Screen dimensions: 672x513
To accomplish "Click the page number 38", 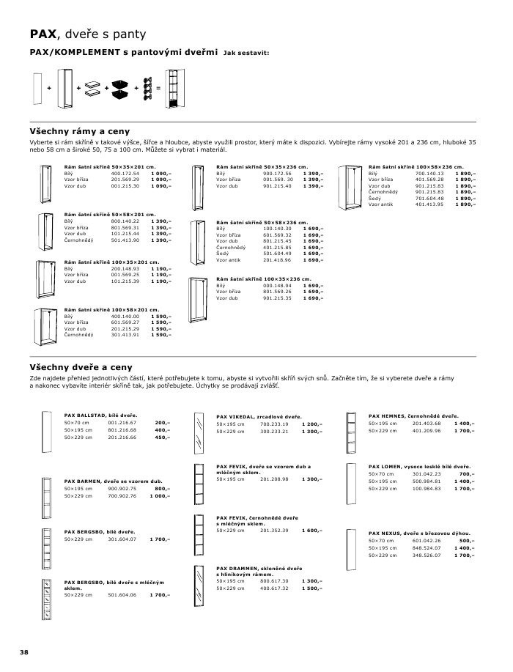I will [x=24, y=652].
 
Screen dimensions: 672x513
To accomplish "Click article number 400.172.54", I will [x=125, y=173].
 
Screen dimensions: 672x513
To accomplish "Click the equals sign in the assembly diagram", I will [x=158, y=88].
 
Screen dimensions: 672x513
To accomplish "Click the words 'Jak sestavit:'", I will [x=246, y=53].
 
